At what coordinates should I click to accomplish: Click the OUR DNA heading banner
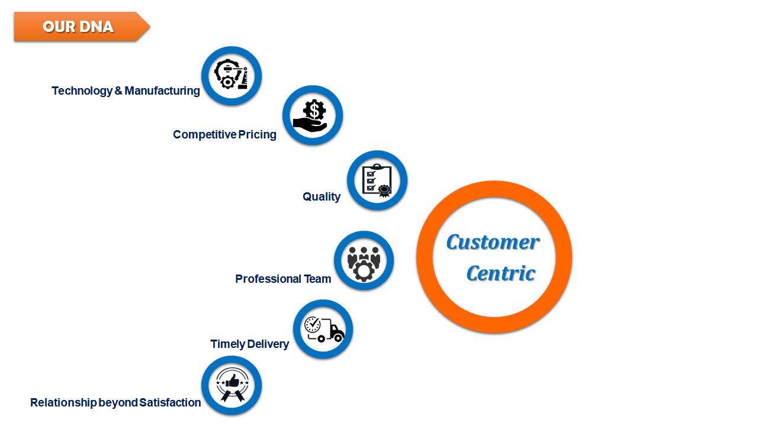coord(79,27)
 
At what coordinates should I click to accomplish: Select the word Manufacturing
coord(162,91)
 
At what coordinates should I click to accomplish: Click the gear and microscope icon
coord(232,76)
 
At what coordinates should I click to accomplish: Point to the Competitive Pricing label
coord(224,135)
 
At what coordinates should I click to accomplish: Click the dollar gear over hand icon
coord(313,115)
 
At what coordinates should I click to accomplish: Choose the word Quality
coord(322,197)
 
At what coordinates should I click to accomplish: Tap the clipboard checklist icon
coord(377,180)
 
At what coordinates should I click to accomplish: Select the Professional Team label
coord(283,279)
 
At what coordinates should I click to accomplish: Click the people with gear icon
coord(364,261)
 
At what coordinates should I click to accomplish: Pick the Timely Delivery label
coord(249,344)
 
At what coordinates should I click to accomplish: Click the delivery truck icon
coord(323,330)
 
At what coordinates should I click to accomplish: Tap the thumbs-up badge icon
coord(232,386)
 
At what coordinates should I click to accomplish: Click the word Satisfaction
coord(170,403)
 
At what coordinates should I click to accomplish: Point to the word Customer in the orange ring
coord(492,242)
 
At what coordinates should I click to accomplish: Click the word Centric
coord(500,273)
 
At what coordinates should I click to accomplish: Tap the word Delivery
coord(268,344)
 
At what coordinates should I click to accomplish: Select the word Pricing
coord(257,135)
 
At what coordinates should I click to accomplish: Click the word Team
coord(317,279)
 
